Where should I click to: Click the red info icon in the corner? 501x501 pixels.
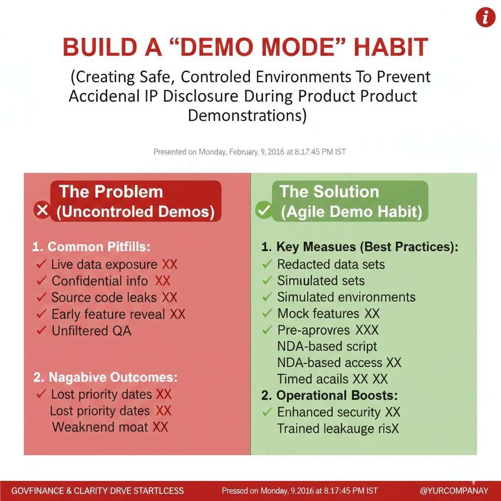pos(485,17)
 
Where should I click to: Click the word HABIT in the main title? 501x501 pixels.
pos(391,47)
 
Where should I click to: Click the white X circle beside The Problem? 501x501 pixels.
pos(42,210)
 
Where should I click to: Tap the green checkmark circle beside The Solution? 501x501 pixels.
pos(264,210)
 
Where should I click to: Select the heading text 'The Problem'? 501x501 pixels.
pos(111,192)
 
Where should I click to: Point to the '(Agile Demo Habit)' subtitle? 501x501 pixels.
pos(351,212)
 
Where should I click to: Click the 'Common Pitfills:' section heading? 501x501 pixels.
pos(99,247)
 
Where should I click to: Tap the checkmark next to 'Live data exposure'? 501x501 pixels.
pos(42,264)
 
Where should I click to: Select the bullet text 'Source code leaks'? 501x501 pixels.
pos(104,297)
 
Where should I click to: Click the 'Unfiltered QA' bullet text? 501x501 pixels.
pos(91,331)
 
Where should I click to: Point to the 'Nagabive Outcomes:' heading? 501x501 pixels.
pos(113,377)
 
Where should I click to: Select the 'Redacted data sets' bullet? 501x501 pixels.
pos(331,265)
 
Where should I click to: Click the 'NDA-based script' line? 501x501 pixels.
pos(327,346)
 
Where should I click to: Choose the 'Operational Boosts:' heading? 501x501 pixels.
pos(337,395)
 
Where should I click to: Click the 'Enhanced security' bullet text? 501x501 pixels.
pos(329,412)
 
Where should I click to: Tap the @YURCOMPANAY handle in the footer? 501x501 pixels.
pos(454,491)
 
